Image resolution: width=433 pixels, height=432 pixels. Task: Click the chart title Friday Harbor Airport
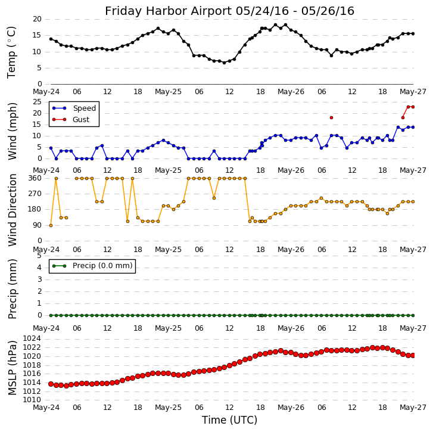pos(229,11)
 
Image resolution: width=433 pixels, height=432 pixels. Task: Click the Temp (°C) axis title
pos(12,52)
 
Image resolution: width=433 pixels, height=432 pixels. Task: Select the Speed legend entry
pos(84,108)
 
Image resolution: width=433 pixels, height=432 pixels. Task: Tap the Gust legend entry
pos(80,119)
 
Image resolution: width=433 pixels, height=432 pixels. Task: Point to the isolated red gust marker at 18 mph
pos(331,117)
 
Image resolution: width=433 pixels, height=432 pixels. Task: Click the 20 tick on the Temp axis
pos(37,19)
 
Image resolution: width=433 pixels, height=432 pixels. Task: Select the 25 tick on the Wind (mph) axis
pos(37,102)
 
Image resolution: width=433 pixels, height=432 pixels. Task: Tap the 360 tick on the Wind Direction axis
pos(35,178)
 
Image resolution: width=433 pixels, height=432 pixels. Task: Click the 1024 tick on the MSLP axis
pos(32,338)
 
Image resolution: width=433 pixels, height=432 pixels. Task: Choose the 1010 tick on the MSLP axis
pos(32,400)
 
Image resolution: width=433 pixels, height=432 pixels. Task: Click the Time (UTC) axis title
pos(229,420)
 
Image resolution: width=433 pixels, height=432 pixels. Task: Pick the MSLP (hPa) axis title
pos(13,368)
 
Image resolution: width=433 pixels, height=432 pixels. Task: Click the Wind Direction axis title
pos(13,210)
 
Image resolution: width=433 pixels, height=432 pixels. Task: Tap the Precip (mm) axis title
pos(13,288)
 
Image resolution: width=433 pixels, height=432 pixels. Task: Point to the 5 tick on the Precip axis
pos(39,256)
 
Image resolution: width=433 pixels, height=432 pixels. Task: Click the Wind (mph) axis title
pos(13,130)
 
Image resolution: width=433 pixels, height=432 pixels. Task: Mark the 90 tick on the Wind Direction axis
pos(37,225)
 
